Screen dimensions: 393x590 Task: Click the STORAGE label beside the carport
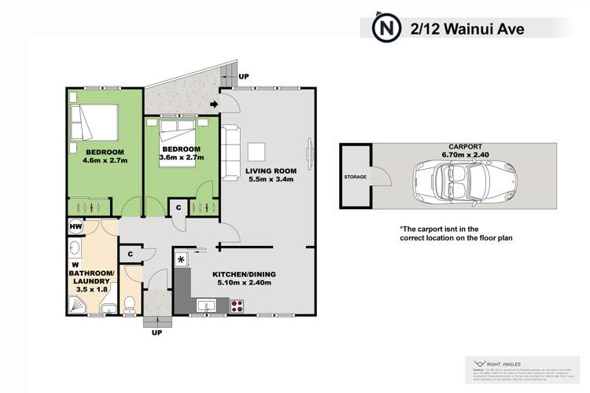coord(355,178)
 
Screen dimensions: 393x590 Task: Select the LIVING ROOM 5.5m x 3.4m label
coord(269,174)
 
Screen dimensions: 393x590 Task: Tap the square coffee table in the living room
coord(257,151)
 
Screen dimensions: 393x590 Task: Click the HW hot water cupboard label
coord(76,227)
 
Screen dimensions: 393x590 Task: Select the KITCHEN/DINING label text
coord(244,275)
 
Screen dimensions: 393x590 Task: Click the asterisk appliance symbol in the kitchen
coord(182,259)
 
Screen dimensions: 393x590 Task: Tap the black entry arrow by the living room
coord(215,105)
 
